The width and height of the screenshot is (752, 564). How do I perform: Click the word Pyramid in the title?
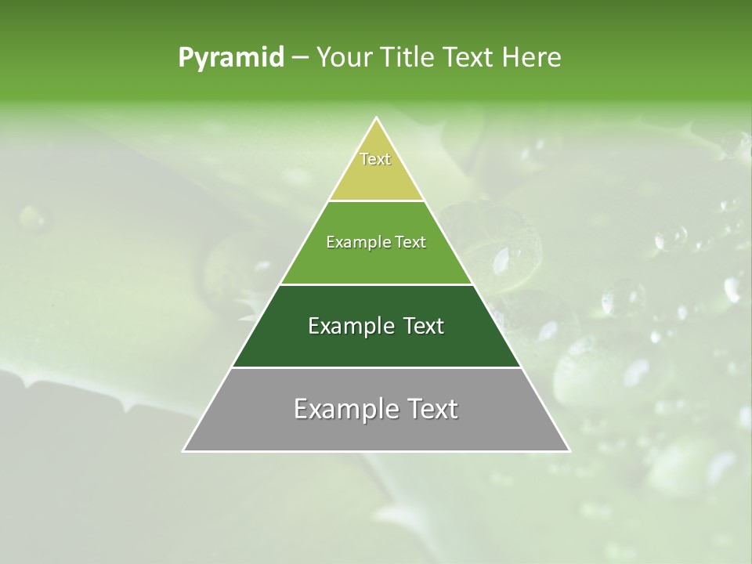pos(230,58)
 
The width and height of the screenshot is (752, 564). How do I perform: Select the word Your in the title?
pos(342,58)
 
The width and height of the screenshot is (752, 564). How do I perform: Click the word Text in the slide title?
pos(470,58)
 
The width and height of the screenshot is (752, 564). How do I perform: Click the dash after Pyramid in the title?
pos(299,58)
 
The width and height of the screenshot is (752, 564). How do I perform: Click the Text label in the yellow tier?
pos(375,159)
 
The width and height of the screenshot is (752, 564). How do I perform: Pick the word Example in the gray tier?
pos(342,409)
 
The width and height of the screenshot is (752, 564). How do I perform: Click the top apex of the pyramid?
pos(377,118)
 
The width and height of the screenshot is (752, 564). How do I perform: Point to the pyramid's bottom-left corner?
pos(183,450)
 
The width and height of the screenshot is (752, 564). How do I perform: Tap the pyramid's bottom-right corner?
pos(569,450)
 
